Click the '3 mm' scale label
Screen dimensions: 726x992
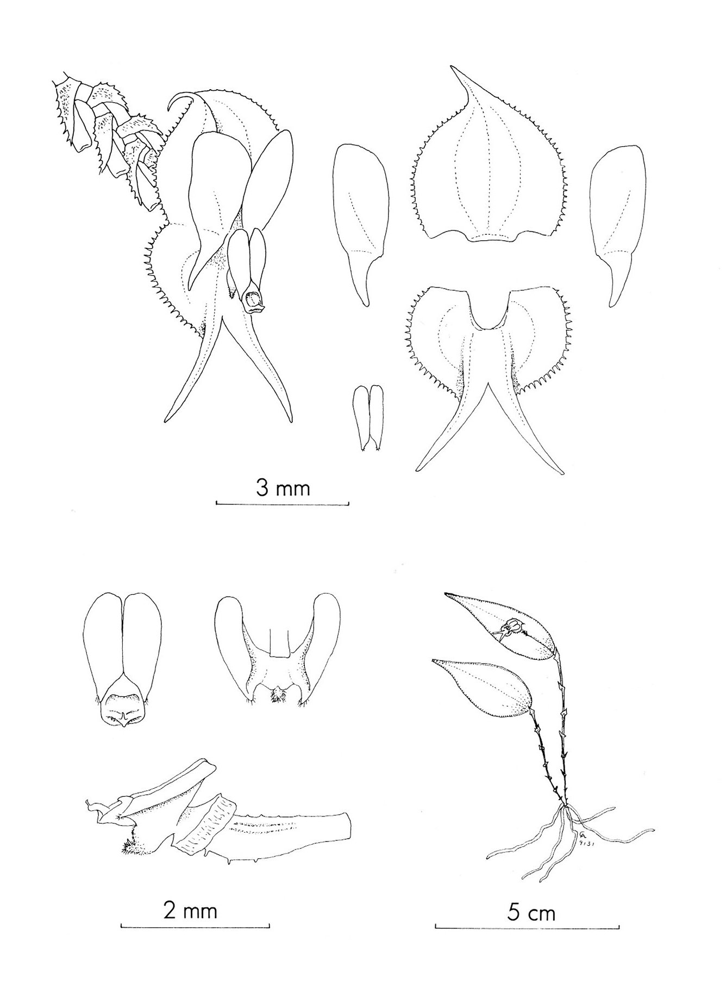pos(283,488)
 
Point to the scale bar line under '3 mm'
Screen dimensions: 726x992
pos(283,503)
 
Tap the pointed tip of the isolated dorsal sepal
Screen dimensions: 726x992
pos(450,67)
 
